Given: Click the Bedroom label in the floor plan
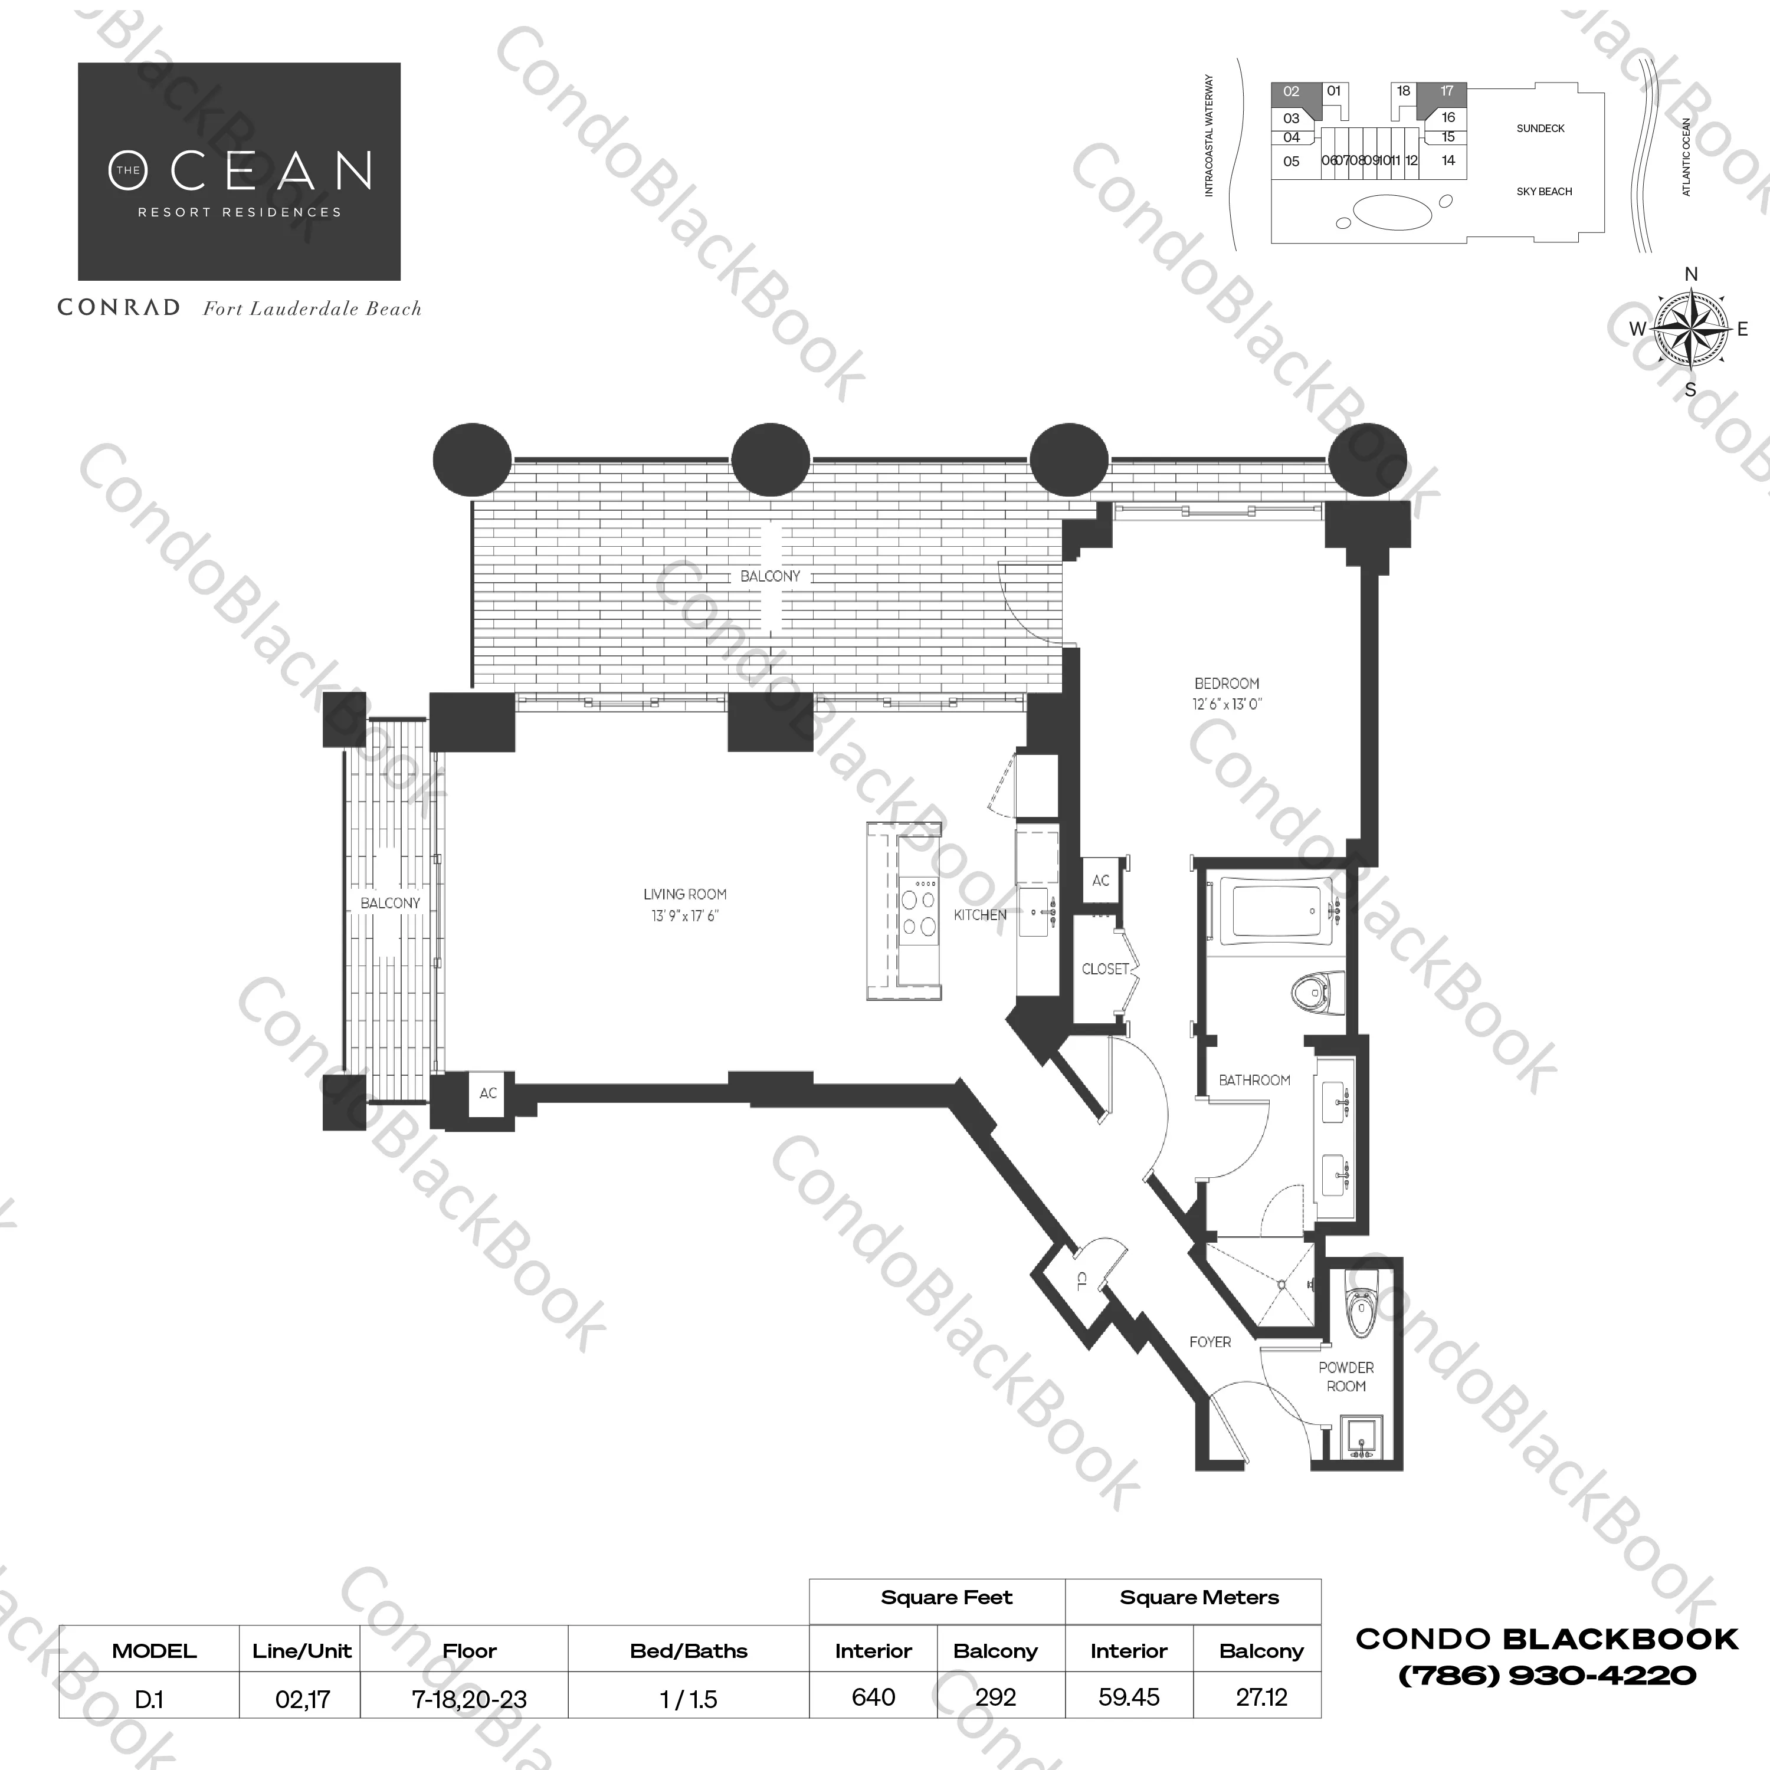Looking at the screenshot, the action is pos(1227,684).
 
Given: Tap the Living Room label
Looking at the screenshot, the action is pos(685,894).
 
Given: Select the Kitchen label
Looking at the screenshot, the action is pos(980,914).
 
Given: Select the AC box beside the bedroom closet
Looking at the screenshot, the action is pos(1101,881).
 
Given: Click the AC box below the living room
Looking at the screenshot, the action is pos(488,1093).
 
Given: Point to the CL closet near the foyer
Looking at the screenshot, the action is pos(1081,1282).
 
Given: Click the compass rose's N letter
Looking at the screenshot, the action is pos(1691,274).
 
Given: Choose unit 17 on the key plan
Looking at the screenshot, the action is pos(1447,91).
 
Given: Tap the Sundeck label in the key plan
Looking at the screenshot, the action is pos(1540,128).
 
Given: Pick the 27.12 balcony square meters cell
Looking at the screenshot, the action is pos(1261,1697).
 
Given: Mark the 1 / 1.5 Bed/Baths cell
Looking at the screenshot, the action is pos(689,1699).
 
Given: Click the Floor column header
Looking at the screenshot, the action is pos(469,1651).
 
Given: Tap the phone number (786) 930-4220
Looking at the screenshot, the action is pos(1547,1674).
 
